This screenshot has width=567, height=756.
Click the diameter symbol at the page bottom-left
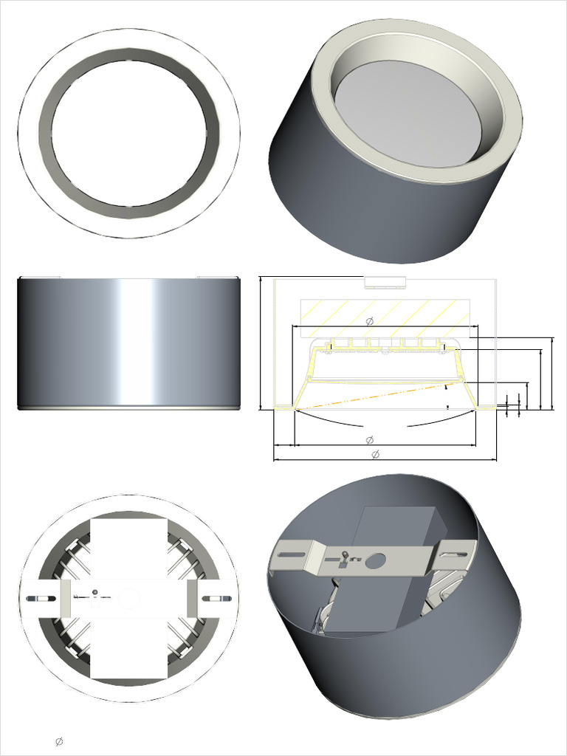(x=59, y=741)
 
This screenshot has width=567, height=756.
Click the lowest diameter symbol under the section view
(x=374, y=453)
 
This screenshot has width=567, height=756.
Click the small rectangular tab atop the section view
(x=385, y=282)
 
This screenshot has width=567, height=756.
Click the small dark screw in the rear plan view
(x=95, y=592)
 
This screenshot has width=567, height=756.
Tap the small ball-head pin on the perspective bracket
(x=345, y=554)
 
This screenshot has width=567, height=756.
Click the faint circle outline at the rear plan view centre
(x=128, y=597)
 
